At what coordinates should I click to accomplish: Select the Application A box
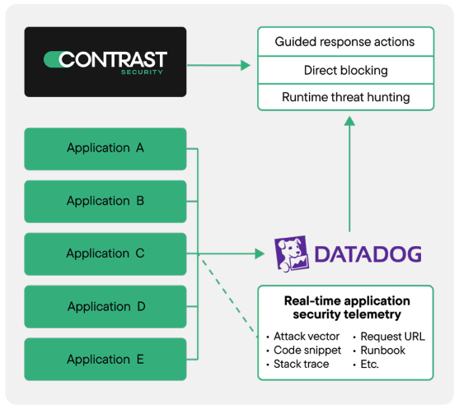pyautogui.click(x=105, y=148)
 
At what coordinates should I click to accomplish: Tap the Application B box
pyautogui.click(x=105, y=201)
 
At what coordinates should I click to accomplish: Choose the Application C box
pyautogui.click(x=105, y=253)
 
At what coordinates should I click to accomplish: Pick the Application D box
pyautogui.click(x=105, y=306)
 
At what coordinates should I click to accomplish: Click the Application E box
pyautogui.click(x=105, y=359)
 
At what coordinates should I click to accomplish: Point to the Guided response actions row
pyautogui.click(x=345, y=41)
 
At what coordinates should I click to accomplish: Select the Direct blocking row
pyautogui.click(x=345, y=70)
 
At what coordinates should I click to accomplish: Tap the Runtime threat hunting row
pyautogui.click(x=345, y=97)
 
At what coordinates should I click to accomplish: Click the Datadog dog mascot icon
pyautogui.click(x=290, y=253)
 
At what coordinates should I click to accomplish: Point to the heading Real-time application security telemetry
pyautogui.click(x=346, y=308)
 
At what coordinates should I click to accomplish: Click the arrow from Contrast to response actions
pyautogui.click(x=219, y=64)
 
